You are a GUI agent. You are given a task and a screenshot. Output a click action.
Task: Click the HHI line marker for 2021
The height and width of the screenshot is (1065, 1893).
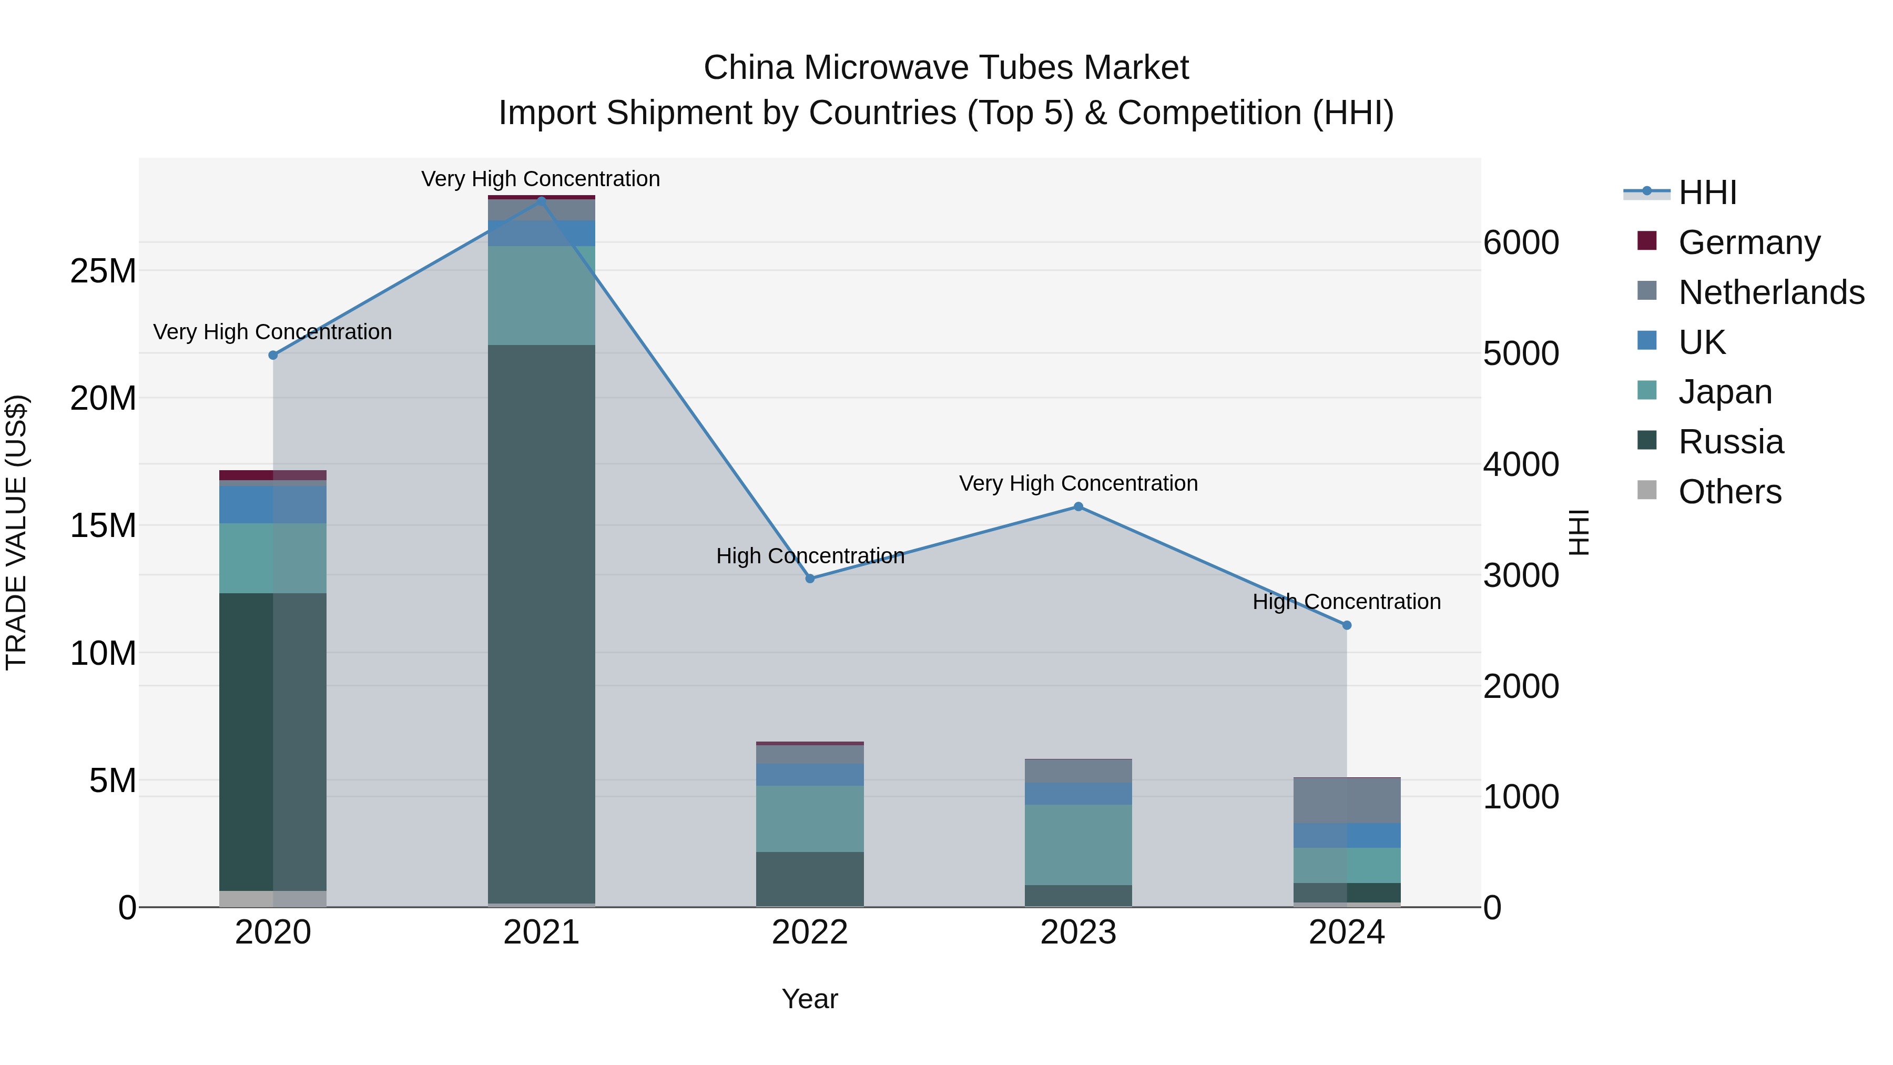[x=542, y=201]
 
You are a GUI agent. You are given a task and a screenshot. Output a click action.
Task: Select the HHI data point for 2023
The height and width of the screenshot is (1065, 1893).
[x=1078, y=506]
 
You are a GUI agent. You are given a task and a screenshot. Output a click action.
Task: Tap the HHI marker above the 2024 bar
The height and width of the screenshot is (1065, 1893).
[x=1346, y=625]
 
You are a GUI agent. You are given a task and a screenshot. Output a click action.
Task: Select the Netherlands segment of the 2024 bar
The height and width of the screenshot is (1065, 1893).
[x=1346, y=800]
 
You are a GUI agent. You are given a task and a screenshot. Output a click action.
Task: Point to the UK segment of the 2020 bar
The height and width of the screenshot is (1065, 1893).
[x=272, y=504]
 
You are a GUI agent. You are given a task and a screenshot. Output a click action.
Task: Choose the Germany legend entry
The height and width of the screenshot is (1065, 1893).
[x=1749, y=242]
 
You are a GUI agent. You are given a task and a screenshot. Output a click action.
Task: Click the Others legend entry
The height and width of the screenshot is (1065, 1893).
[x=1730, y=491]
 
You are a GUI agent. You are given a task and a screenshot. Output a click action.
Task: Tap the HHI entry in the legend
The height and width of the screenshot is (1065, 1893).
[x=1707, y=192]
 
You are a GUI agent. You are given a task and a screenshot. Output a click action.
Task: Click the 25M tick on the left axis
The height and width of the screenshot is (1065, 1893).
[x=103, y=271]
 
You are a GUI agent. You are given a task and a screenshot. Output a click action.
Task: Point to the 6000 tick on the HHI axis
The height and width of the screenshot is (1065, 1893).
[x=1520, y=242]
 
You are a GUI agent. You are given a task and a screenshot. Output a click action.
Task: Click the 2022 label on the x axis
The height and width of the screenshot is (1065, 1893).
[x=810, y=932]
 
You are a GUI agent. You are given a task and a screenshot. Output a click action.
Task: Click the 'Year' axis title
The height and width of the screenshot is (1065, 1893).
[x=810, y=999]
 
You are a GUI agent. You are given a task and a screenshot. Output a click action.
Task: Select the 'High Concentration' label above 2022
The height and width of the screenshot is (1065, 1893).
[x=810, y=556]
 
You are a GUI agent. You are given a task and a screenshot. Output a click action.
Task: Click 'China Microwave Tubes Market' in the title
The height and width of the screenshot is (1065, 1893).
[x=946, y=68]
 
